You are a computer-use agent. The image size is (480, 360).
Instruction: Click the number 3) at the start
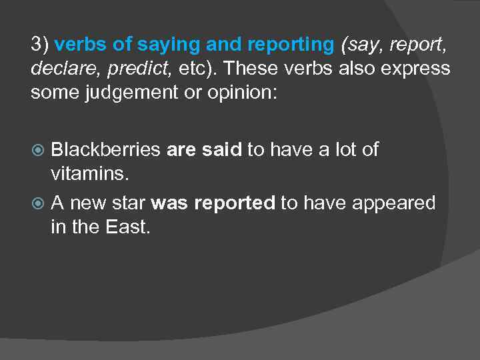coord(39,45)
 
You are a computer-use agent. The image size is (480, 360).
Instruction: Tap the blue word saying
coord(169,45)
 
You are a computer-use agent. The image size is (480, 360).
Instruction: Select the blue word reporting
coord(291,45)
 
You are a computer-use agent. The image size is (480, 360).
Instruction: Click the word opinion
coord(237,93)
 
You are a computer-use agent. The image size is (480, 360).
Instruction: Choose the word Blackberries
coord(106,149)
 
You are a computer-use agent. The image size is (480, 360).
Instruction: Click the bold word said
coord(221,149)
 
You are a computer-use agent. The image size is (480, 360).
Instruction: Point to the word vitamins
coord(89,173)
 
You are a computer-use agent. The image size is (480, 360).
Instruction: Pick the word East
coord(128,227)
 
